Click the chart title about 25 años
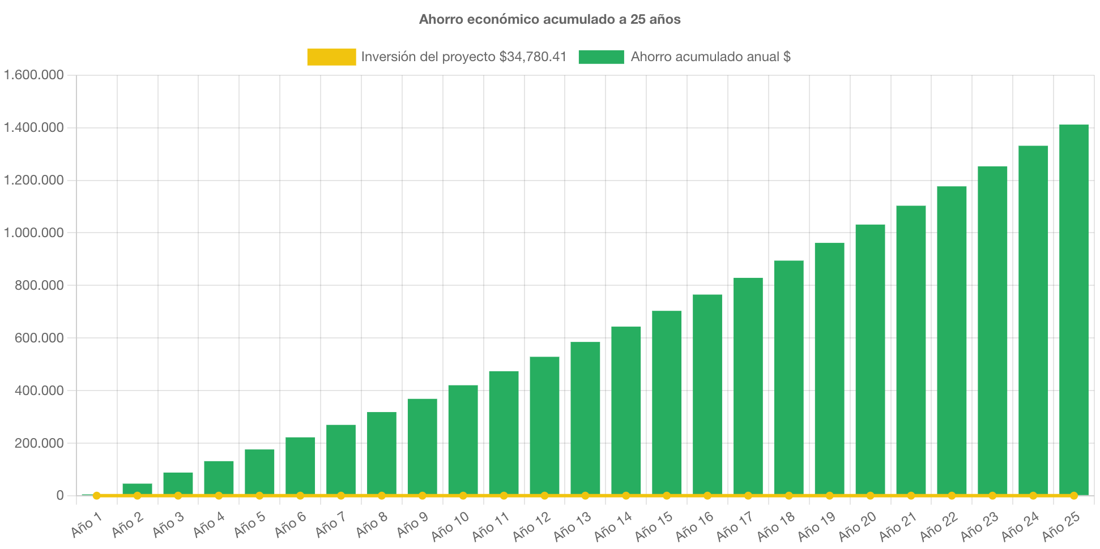point(549,19)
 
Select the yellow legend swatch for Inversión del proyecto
point(331,57)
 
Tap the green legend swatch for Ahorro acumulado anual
point(601,57)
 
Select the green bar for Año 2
point(137,488)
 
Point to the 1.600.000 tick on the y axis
point(34,75)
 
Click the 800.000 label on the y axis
point(39,285)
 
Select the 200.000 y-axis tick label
point(39,443)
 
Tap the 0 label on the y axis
point(59,496)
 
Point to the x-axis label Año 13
point(572,525)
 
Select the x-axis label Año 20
point(857,525)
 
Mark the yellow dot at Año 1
point(97,496)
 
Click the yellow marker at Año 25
point(1073,496)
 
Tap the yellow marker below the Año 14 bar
point(626,496)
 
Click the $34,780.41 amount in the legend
point(532,57)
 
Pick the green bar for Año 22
point(952,340)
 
